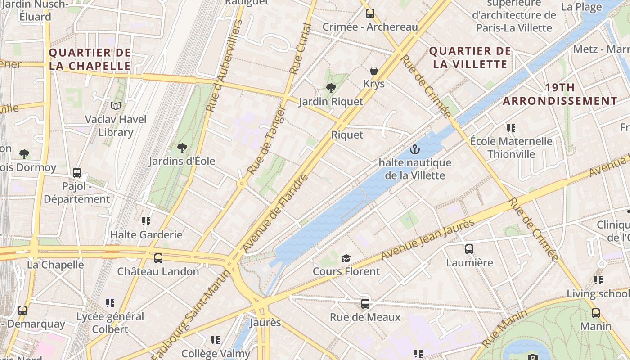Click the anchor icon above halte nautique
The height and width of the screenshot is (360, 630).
click(414, 149)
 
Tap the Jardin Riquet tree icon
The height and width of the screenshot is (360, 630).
click(331, 88)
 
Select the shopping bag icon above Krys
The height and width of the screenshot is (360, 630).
click(373, 71)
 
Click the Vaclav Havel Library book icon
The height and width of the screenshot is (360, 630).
click(116, 106)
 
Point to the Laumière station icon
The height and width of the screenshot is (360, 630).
click(469, 249)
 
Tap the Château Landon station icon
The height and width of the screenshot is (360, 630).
click(158, 258)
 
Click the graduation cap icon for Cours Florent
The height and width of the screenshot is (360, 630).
click(346, 258)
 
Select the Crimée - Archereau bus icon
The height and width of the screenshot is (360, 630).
click(370, 13)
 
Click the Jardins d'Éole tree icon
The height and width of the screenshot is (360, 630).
click(182, 148)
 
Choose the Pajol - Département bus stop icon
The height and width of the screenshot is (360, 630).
click(77, 173)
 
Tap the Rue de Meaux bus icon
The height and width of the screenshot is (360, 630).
click(365, 304)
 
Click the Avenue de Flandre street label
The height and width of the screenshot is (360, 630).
click(275, 212)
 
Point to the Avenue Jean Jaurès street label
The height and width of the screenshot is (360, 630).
click(428, 239)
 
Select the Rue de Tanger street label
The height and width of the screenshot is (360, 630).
click(267, 140)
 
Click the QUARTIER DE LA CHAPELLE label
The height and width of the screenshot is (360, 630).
click(90, 59)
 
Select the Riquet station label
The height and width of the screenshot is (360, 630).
click(347, 135)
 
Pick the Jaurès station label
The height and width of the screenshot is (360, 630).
click(265, 323)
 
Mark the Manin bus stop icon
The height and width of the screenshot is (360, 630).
click(595, 313)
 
